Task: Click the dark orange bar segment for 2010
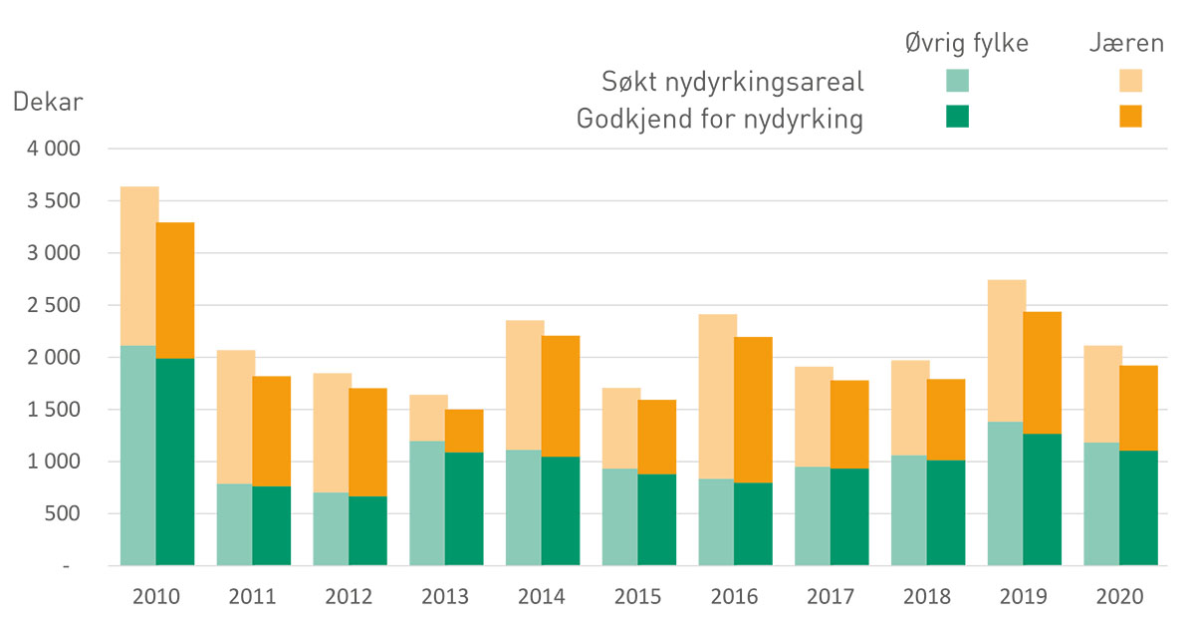pos(175,290)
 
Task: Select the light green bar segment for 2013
pos(426,502)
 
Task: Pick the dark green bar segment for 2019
pos(1042,498)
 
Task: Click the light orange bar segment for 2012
pos(331,433)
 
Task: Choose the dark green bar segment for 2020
pos(1138,507)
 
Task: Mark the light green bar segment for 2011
pos(234,524)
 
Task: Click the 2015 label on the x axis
pos(637,597)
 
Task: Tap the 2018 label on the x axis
pos(926,597)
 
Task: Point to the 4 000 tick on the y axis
pos(80,150)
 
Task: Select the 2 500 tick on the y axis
pos(80,305)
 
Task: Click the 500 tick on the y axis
pos(88,513)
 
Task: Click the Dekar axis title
pos(47,103)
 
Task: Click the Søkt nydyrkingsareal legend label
pos(732,81)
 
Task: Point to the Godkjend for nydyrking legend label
pos(720,119)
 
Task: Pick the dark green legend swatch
pos(957,117)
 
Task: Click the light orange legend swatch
pos(1130,81)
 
